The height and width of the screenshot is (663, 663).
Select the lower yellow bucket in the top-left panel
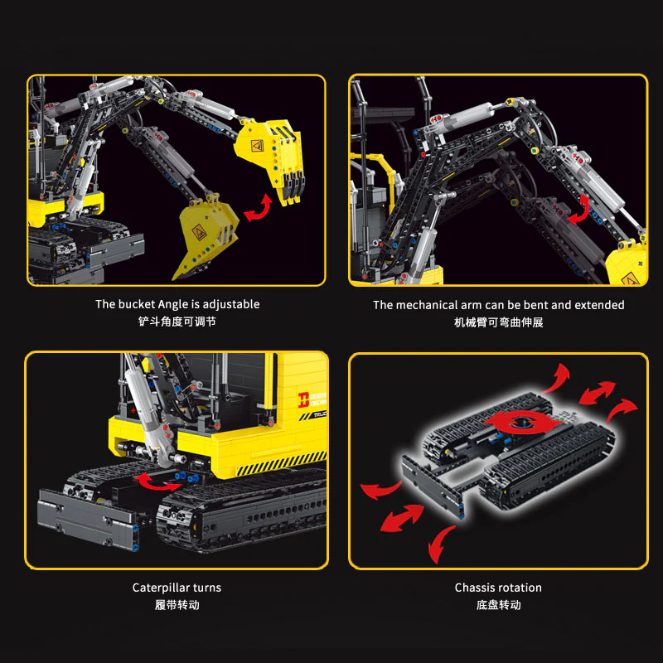207,237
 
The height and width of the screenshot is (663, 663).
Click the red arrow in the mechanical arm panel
581,209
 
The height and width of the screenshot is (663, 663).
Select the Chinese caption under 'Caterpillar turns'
177,605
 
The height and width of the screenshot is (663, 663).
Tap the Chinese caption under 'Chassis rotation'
498,605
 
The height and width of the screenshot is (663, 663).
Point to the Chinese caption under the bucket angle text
177,322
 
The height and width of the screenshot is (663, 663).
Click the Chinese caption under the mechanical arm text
498,322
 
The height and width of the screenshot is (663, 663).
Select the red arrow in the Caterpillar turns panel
157,480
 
